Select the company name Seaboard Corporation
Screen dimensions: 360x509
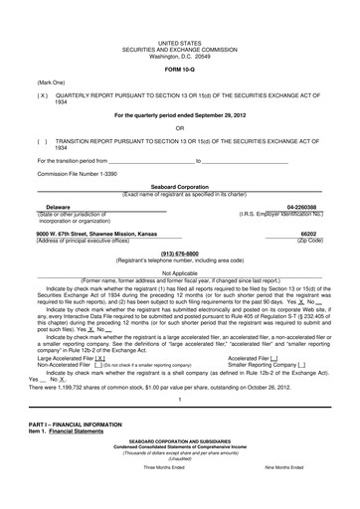click(179, 185)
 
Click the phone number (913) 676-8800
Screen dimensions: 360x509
click(179, 253)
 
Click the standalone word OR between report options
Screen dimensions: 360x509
click(179, 127)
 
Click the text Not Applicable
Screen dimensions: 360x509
click(179, 272)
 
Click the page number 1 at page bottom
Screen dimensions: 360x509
click(179, 400)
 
